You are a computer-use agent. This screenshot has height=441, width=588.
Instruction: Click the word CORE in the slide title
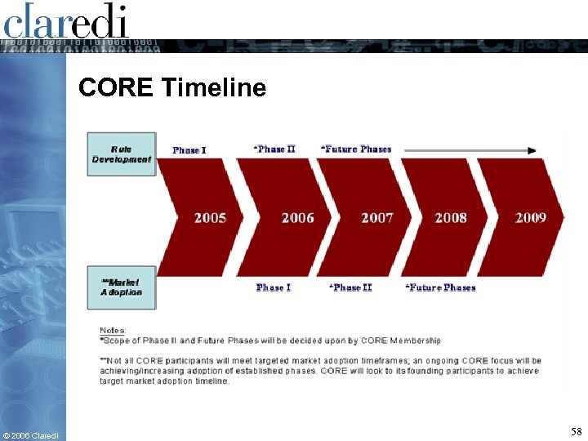115,87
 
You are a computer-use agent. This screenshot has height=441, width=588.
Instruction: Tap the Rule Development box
121,154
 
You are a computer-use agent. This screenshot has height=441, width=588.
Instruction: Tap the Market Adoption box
121,287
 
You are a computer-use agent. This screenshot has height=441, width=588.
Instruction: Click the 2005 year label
210,218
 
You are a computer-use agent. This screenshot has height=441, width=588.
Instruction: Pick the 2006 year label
297,218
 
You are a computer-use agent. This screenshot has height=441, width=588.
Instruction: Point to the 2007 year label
376,218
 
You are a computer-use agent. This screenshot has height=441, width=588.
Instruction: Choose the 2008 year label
451,218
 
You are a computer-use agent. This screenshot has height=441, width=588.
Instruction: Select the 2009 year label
530,218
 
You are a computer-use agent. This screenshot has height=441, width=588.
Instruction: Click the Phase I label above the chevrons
189,150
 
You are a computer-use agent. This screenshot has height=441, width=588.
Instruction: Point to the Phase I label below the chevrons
273,287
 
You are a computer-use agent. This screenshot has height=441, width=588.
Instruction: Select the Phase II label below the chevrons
350,287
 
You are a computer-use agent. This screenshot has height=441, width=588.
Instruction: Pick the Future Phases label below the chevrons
440,287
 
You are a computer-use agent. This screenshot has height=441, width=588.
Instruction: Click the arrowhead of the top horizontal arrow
532,150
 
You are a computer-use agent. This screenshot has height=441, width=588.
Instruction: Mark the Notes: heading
113,330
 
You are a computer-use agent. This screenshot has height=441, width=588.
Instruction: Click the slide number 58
576,430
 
